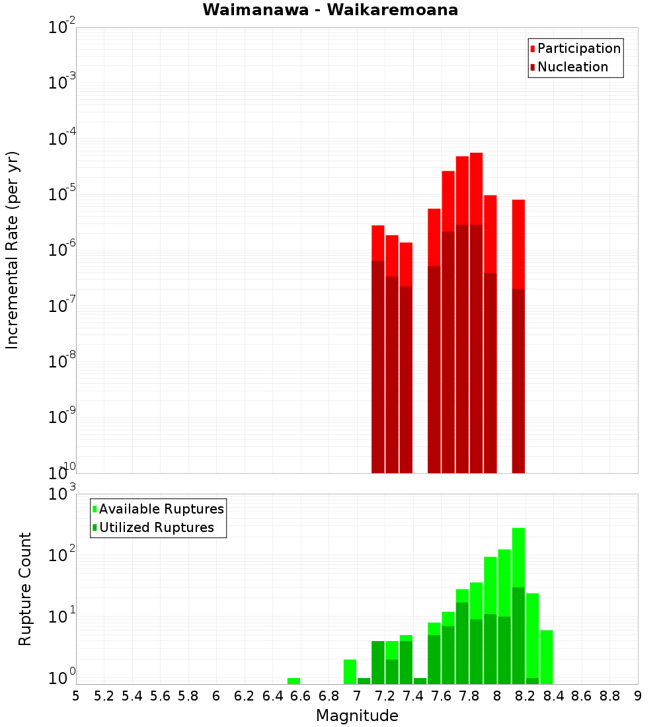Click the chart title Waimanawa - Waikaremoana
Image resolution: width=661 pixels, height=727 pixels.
point(330,10)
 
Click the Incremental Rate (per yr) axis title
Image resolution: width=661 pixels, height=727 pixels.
point(13,250)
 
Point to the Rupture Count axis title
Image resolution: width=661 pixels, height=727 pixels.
point(25,588)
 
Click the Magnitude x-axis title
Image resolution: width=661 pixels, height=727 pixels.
point(357,715)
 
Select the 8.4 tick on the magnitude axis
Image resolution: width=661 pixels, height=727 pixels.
point(553,695)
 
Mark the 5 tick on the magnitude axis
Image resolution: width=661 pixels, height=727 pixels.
point(76,695)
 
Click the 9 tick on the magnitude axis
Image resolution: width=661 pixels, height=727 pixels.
point(638,695)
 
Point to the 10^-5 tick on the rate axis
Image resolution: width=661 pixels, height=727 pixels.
point(62,194)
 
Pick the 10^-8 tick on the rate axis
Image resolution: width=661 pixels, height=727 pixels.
point(62,361)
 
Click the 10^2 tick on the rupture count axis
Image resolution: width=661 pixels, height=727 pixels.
point(62,555)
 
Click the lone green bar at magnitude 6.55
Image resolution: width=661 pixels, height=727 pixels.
point(293,681)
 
